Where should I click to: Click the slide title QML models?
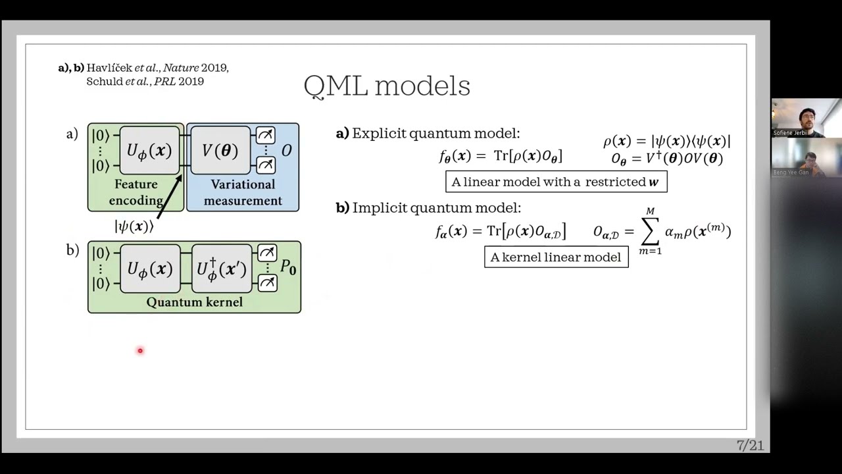pos(387,86)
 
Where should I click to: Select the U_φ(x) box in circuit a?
pos(149,151)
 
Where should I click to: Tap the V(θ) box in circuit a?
pos(220,151)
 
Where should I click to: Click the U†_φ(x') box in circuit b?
pos(222,269)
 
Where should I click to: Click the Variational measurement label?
pos(243,192)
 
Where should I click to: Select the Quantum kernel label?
pos(194,302)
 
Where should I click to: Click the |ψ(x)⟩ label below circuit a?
pos(134,226)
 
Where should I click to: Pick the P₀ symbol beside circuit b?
pos(288,267)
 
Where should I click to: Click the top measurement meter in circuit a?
pos(266,136)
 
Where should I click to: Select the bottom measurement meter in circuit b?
pos(267,283)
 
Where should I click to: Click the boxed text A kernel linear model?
pos(556,257)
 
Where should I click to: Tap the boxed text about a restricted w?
pos(556,182)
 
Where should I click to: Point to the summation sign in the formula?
pos(650,232)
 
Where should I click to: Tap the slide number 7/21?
pos(751,446)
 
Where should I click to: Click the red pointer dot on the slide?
pos(140,351)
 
